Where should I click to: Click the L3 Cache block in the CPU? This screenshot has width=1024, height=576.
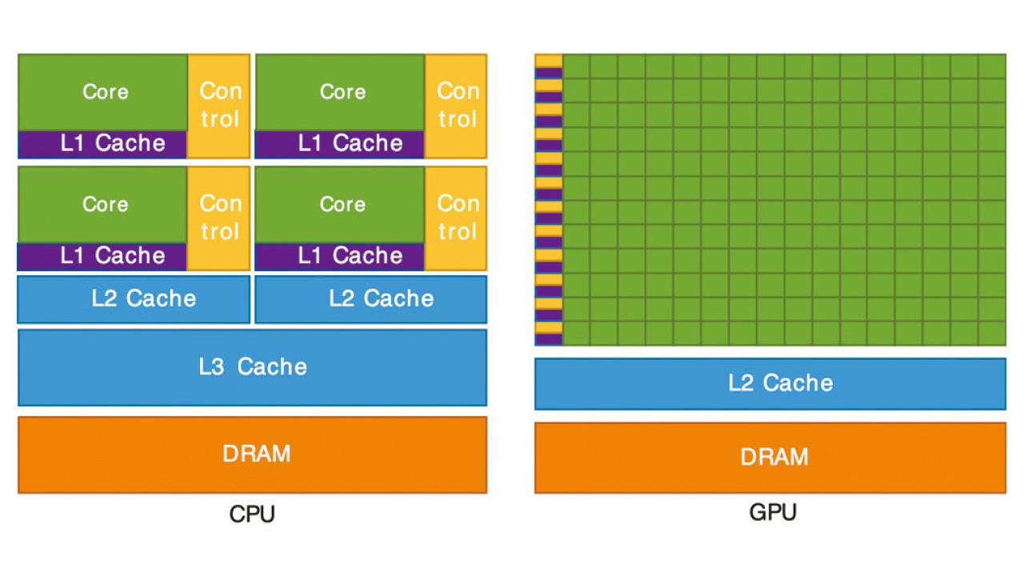252,367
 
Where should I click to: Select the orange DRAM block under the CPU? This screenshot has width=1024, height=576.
252,454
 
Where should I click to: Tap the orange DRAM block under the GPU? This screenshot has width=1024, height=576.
770,458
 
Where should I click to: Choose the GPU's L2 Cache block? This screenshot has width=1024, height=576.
770,383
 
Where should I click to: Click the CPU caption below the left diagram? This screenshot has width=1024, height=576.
252,514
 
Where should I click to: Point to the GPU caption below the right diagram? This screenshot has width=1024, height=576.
773,512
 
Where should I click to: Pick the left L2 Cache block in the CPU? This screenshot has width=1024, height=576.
134,299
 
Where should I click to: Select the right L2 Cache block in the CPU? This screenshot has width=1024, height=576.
370,299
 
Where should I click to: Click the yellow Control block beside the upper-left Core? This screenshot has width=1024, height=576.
219,106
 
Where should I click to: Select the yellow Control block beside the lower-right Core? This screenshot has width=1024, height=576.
456,218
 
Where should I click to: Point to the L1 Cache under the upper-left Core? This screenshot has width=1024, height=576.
102,144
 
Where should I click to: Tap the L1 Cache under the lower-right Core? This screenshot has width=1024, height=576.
340,256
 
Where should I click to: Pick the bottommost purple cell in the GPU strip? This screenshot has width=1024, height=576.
549,340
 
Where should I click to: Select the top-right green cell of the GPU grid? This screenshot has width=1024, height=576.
992,66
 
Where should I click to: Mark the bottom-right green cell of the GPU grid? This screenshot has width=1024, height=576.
992,333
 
